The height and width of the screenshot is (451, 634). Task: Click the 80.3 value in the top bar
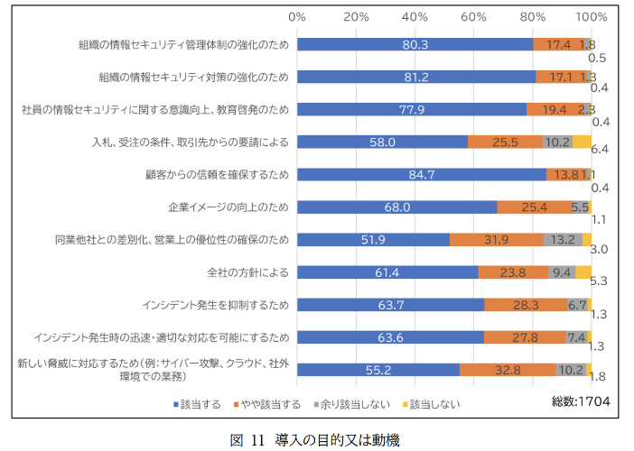tap(415, 43)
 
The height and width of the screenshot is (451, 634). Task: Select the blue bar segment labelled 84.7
tap(422, 174)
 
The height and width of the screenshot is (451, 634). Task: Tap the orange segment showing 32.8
tap(508, 369)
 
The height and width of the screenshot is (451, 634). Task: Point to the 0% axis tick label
tap(297, 17)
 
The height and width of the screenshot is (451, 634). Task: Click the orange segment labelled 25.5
tap(505, 142)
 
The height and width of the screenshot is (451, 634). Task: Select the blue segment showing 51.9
tap(373, 239)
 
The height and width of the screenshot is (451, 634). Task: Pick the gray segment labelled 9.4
tap(562, 272)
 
